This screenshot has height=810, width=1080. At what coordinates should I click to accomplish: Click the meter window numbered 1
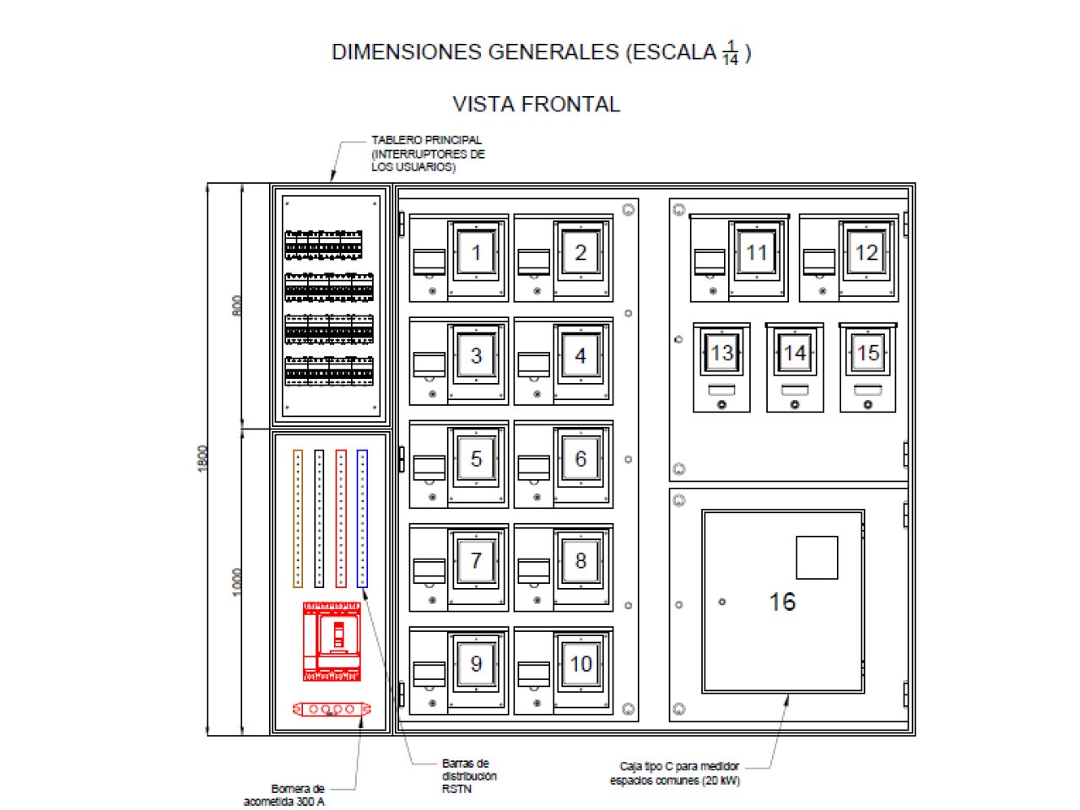(x=475, y=253)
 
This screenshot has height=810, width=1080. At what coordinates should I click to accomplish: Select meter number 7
(x=475, y=560)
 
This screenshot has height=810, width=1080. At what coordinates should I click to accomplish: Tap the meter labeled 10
(x=580, y=664)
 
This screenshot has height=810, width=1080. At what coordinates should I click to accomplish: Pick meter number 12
(x=866, y=253)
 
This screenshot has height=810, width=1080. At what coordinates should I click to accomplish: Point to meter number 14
(x=794, y=353)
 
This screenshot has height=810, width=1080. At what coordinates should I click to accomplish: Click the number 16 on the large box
(x=782, y=602)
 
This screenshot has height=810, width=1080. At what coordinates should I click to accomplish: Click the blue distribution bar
(x=362, y=518)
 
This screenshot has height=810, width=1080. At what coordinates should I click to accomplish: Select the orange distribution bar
(x=297, y=518)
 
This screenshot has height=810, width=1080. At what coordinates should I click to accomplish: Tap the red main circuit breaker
(x=331, y=641)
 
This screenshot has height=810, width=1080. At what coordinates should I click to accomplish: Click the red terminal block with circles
(x=331, y=710)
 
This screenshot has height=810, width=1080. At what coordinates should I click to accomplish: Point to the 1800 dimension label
(x=202, y=459)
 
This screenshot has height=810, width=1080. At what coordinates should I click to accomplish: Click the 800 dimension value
(x=236, y=306)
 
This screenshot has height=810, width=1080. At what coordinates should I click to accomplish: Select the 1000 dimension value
(x=236, y=583)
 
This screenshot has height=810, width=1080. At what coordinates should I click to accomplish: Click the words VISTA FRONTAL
(x=537, y=105)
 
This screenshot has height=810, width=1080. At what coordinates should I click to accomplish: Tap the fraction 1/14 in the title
(x=730, y=52)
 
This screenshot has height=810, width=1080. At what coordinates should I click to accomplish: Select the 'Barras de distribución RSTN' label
(x=469, y=776)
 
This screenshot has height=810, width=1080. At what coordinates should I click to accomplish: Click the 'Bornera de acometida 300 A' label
(x=284, y=796)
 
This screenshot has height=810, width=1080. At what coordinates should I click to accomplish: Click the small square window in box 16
(x=817, y=558)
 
